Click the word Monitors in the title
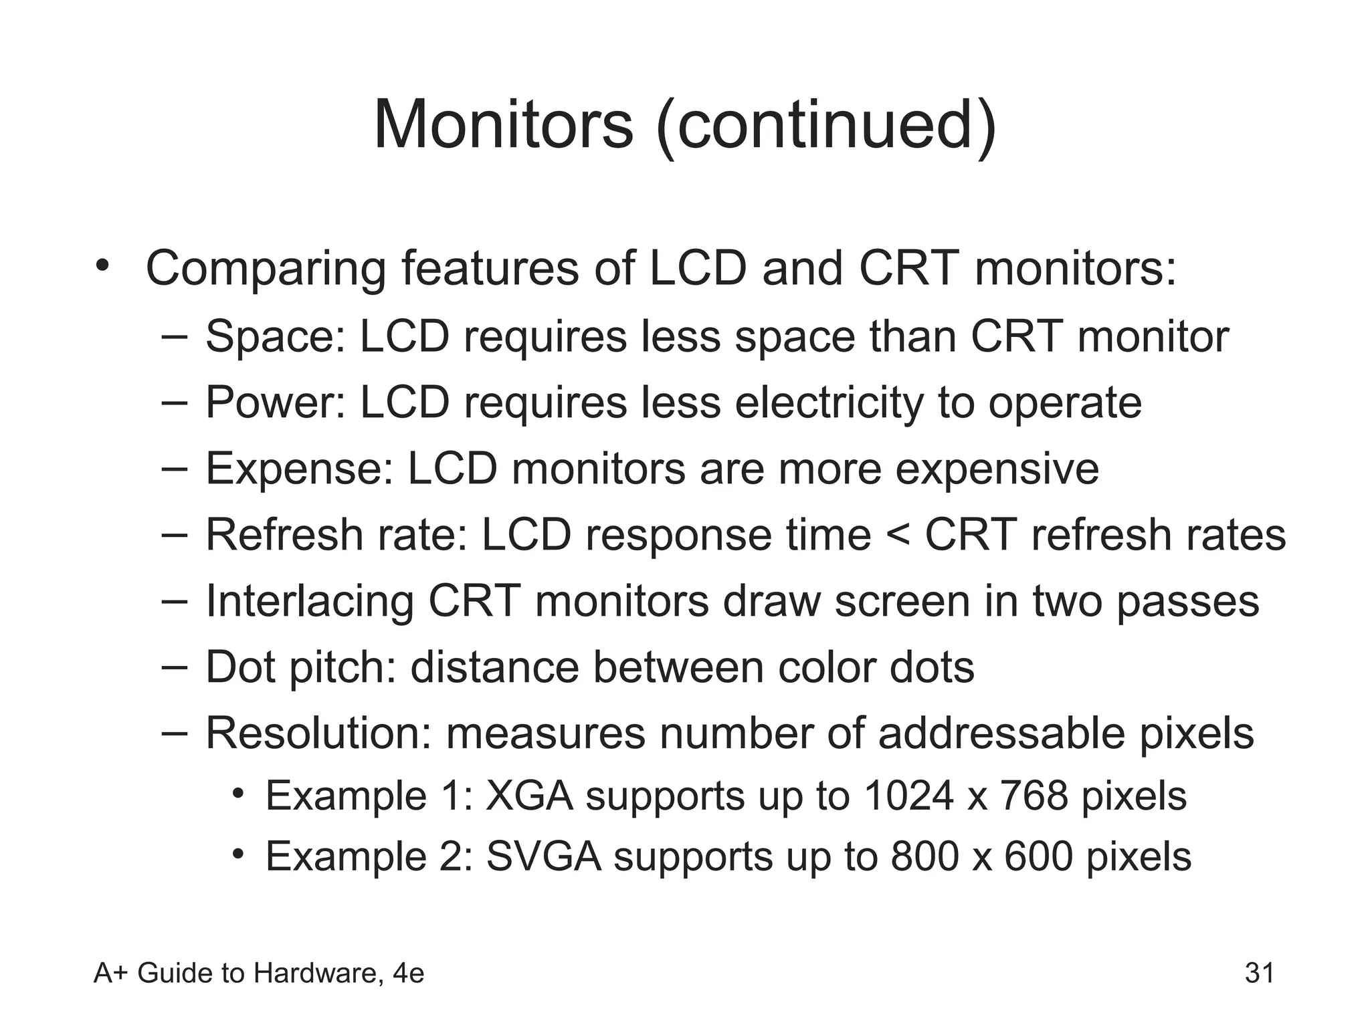503,125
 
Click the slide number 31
1259,973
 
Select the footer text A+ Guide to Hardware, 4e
259,974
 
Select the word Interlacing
310,601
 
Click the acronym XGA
529,796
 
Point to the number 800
924,857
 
